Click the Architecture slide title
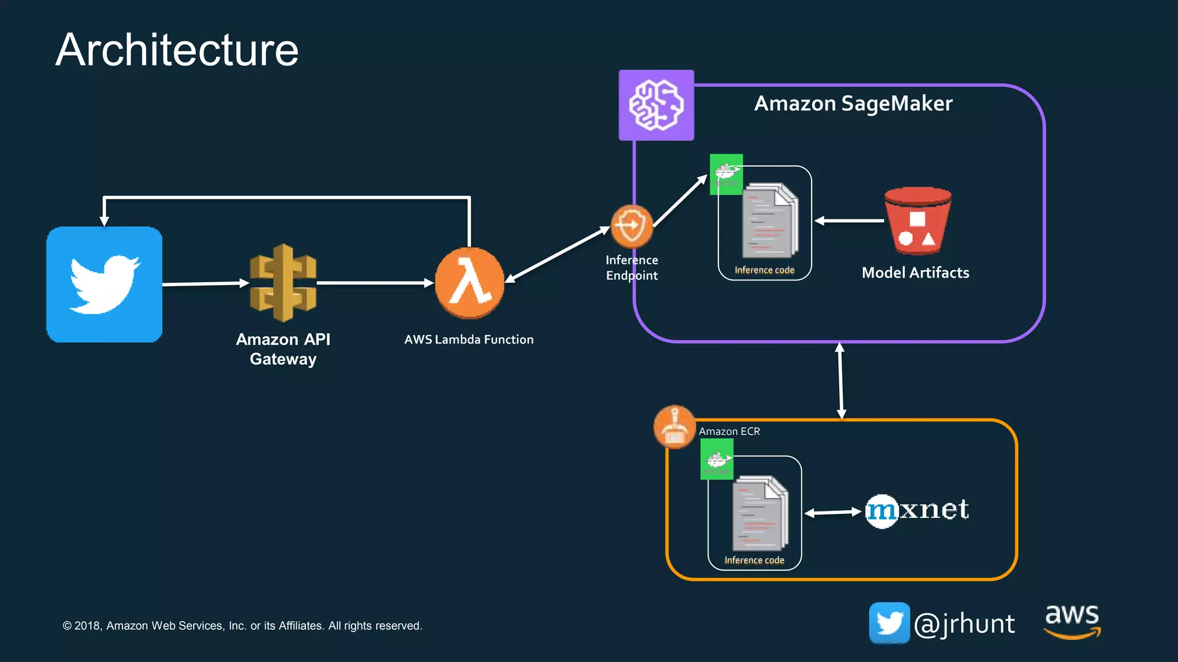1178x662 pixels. tap(177, 50)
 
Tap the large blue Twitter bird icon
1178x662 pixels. tap(104, 284)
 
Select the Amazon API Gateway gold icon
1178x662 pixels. tap(283, 283)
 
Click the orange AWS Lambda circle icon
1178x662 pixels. tap(469, 283)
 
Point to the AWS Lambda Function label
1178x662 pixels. tap(469, 340)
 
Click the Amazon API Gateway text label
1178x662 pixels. tap(283, 349)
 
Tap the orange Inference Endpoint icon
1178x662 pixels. tap(631, 226)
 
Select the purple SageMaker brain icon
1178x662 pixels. tap(656, 105)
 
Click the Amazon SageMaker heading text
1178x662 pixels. tap(853, 103)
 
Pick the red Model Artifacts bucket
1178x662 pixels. tap(917, 221)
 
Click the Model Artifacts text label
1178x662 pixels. tap(915, 273)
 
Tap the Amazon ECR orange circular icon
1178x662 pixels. tap(675, 427)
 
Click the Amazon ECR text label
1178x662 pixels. tap(729, 432)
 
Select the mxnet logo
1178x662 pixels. tap(917, 510)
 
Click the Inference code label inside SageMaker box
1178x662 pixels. tap(764, 270)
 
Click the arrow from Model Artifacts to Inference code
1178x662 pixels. tap(849, 221)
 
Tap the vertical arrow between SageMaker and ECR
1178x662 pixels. tap(840, 380)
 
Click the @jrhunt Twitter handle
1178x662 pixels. tap(964, 624)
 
